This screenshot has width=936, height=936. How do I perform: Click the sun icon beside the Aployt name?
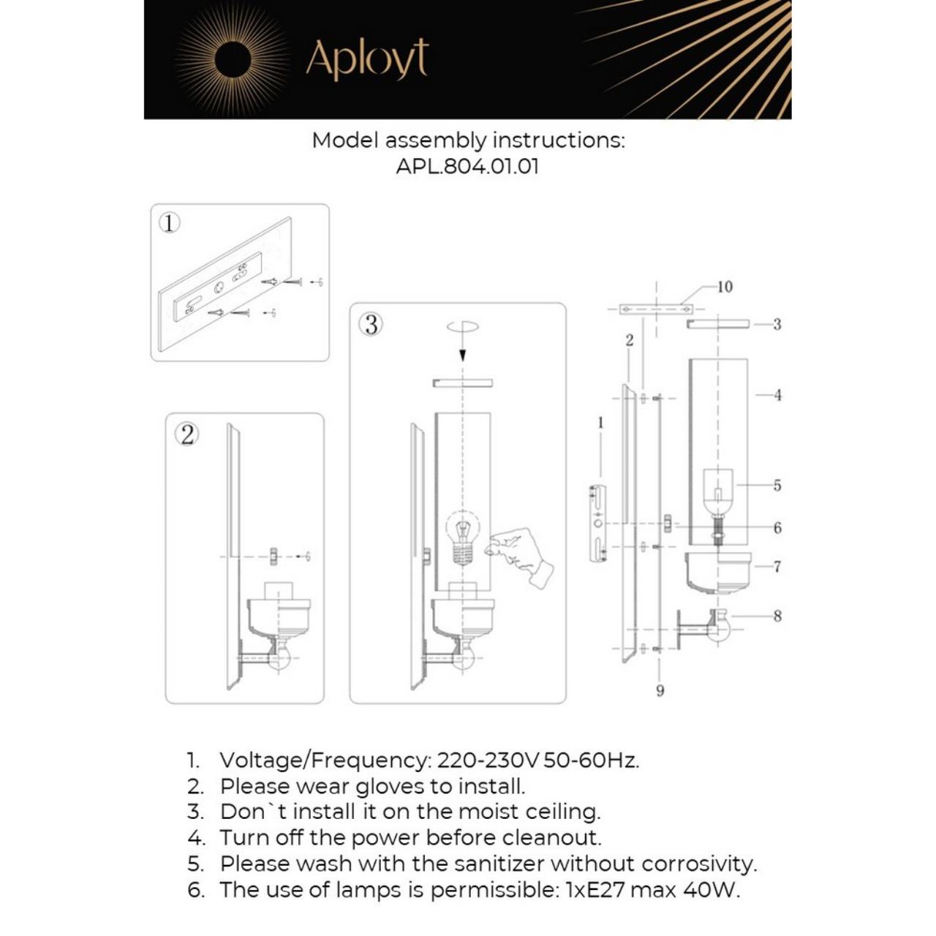(233, 58)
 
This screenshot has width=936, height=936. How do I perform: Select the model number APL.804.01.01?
(467, 166)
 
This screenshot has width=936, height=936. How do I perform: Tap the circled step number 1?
(169, 222)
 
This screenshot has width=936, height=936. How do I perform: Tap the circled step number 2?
(186, 434)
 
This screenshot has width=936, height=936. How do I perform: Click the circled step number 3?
(371, 324)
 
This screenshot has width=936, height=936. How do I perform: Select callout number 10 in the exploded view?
(724, 287)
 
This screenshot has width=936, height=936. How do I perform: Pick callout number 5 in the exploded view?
(777, 486)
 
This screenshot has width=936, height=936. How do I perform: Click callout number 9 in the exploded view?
(660, 690)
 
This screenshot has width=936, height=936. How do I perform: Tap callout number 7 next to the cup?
(777, 567)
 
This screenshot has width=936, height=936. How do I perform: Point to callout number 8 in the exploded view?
(777, 616)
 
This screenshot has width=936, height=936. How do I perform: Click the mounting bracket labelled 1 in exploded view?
(597, 523)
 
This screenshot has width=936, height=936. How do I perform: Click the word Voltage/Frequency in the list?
(325, 760)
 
